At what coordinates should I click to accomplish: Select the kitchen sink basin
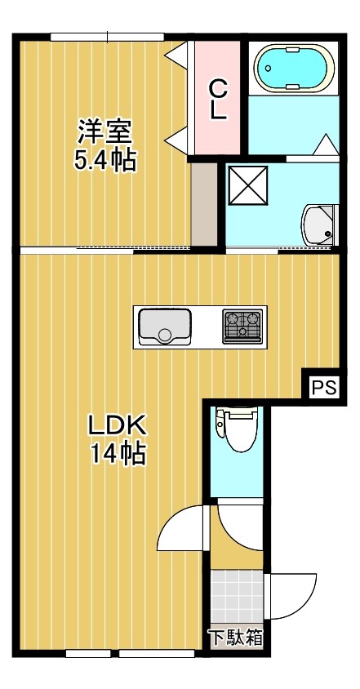click(x=164, y=327)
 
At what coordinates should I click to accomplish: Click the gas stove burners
click(x=243, y=326)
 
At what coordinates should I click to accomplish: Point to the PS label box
click(x=324, y=387)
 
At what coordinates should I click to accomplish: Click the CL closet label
click(x=217, y=99)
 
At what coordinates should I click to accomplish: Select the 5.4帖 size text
click(x=105, y=159)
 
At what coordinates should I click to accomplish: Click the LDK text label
click(x=117, y=425)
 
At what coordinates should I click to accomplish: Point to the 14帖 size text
click(x=118, y=453)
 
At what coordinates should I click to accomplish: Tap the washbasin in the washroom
click(x=318, y=224)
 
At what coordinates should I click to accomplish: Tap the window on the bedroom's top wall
click(x=107, y=36)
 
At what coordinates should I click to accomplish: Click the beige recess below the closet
click(x=204, y=202)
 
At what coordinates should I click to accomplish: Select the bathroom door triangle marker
click(x=325, y=146)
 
